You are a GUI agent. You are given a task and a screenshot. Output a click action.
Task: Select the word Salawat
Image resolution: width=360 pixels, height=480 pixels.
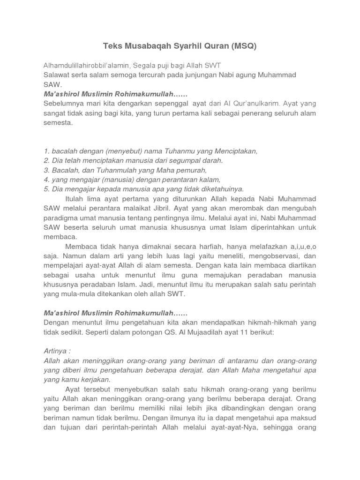(57, 75)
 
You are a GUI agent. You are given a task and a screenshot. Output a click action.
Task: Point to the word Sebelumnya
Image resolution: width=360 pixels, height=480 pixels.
(64, 103)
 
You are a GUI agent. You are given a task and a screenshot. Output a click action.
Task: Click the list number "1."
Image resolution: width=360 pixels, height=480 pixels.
(46, 151)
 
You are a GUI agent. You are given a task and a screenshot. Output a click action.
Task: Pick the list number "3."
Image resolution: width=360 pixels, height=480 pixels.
(46, 170)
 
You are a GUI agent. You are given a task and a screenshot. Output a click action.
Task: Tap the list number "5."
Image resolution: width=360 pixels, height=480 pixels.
(46, 189)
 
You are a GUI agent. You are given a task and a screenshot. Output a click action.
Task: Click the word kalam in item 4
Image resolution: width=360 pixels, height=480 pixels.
(210, 180)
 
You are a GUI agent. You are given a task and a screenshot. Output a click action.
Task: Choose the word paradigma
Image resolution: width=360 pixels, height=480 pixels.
(60, 218)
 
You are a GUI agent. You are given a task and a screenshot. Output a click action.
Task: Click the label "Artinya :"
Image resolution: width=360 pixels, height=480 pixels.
(57, 351)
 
